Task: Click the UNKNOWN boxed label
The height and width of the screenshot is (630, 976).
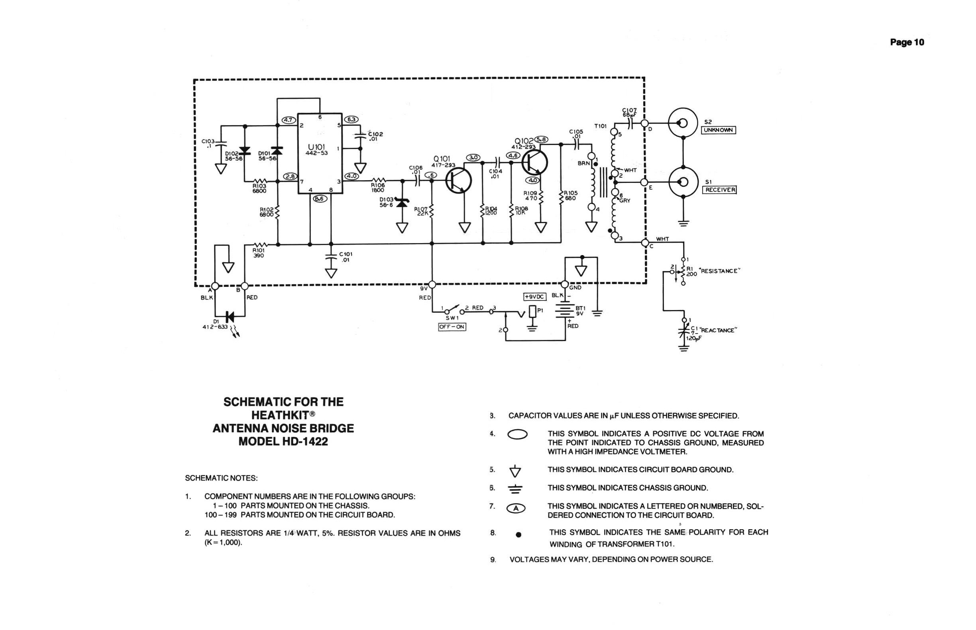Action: [718, 130]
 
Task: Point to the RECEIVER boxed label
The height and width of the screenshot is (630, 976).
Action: [719, 190]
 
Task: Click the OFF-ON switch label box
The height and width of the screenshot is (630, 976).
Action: [452, 327]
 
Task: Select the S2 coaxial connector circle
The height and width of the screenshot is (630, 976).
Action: [683, 123]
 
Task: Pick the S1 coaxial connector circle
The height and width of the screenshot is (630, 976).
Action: [683, 182]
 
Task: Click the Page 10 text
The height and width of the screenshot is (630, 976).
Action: [907, 42]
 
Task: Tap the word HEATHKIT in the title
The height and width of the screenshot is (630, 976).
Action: [281, 415]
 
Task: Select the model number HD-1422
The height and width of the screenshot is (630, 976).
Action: [305, 442]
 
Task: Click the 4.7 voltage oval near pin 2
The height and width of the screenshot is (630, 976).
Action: [289, 120]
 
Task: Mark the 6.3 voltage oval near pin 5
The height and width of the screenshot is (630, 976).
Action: [352, 120]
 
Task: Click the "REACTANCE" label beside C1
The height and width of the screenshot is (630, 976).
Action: [719, 330]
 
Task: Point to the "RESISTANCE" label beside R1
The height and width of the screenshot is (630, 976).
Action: [719, 271]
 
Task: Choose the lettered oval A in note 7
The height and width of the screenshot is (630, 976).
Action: [516, 508]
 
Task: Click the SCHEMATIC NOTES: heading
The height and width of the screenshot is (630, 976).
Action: [221, 478]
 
